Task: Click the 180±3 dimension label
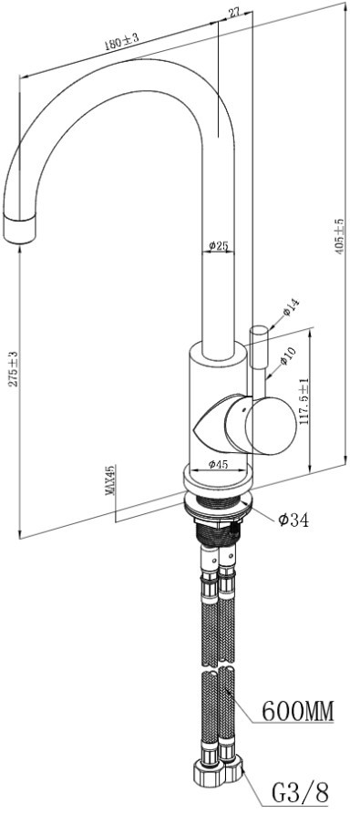coord(122,42)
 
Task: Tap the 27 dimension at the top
coord(233,13)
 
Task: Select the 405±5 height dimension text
coord(339,236)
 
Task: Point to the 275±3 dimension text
coord(13,368)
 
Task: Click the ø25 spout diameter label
coord(219,246)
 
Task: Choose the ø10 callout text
coord(288,355)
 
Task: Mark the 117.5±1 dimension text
coord(304,401)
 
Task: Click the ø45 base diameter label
coord(219,465)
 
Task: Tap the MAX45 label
coord(109,480)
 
